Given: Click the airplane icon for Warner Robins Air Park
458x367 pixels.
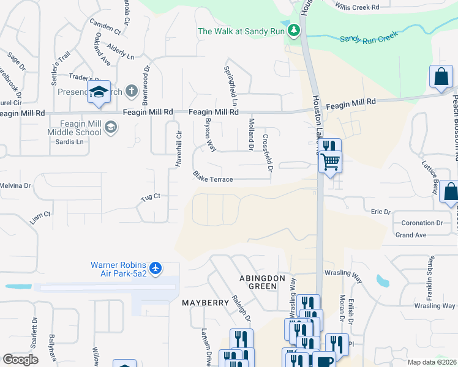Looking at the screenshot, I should coord(156,267).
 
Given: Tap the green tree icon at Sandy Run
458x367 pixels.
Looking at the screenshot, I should coord(295,29).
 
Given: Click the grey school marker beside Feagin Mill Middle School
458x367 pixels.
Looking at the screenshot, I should coord(111,127).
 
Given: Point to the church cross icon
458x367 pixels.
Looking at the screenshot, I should coord(130,92).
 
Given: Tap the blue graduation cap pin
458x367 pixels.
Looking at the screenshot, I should coord(99,93).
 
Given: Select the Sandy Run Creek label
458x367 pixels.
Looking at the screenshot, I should coord(369,36).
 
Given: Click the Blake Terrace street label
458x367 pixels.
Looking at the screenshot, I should coord(212,177).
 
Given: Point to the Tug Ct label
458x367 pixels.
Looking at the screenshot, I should coord(150,196).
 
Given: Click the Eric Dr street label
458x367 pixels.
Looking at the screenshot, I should coord(380,212).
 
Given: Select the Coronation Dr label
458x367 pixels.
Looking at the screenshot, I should coord(422,223).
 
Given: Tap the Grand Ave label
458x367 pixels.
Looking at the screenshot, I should coord(410,235).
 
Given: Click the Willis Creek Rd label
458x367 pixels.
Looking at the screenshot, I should coord(358,7).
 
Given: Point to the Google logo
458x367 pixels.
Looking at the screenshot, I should coord(20,360).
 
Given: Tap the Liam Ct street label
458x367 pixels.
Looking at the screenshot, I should coord(40,215).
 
